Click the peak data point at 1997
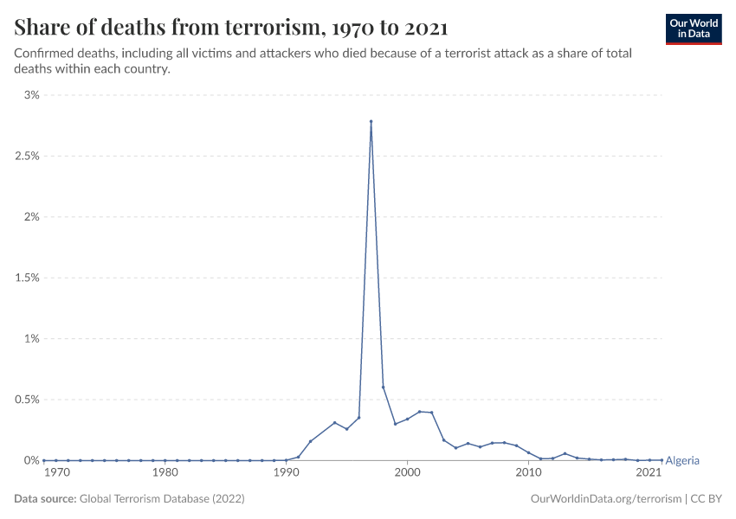point(371,122)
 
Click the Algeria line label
point(681,461)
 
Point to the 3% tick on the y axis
point(31,95)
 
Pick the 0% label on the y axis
point(31,460)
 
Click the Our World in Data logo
point(693,29)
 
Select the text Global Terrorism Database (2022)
point(162,499)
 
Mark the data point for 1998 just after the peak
point(383,387)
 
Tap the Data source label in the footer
point(45,499)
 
